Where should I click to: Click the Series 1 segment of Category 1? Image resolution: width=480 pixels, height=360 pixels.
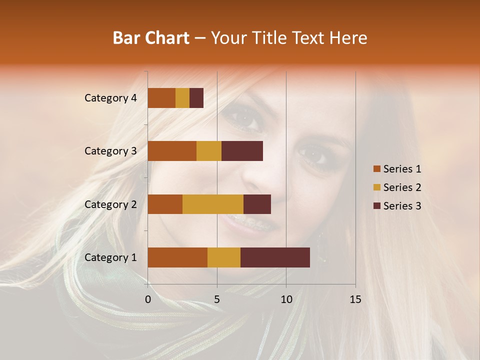[177, 257]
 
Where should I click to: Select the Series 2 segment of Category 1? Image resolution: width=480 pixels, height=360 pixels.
[224, 257]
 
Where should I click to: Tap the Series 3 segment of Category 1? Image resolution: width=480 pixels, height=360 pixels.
[275, 257]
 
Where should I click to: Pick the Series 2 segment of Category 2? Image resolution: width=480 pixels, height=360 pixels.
[213, 204]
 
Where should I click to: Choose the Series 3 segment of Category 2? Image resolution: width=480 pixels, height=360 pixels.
[257, 204]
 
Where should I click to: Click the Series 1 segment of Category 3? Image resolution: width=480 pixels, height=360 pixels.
[172, 151]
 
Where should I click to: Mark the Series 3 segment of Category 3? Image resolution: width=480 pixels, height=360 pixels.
[242, 151]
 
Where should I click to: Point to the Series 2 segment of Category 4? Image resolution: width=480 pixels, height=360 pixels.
[182, 98]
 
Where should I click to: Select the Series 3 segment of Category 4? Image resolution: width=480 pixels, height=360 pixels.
[196, 98]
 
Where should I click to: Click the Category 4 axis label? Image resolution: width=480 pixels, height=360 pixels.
[110, 98]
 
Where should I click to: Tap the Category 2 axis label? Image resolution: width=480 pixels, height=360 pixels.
[110, 204]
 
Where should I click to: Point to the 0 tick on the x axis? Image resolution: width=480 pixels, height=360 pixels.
[148, 299]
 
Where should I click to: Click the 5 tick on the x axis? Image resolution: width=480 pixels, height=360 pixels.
[217, 299]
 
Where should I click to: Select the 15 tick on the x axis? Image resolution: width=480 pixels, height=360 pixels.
[355, 299]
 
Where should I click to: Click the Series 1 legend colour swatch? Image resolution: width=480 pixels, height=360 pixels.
[376, 169]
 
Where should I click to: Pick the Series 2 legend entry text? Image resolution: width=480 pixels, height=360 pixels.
[402, 187]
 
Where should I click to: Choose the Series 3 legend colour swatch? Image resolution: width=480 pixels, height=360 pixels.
[376, 206]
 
